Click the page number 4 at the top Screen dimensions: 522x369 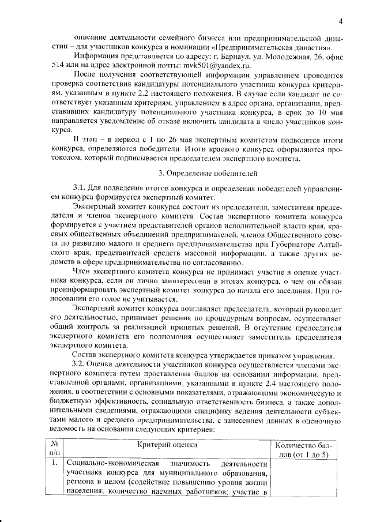pyautogui.click(x=341, y=22)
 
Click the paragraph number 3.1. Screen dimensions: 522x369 pyautogui.click(x=79, y=188)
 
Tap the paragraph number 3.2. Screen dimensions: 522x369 pyautogui.click(x=78, y=365)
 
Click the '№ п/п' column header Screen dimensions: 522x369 pyautogui.click(x=56, y=449)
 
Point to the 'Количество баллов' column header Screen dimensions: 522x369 pyautogui.click(x=304, y=449)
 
